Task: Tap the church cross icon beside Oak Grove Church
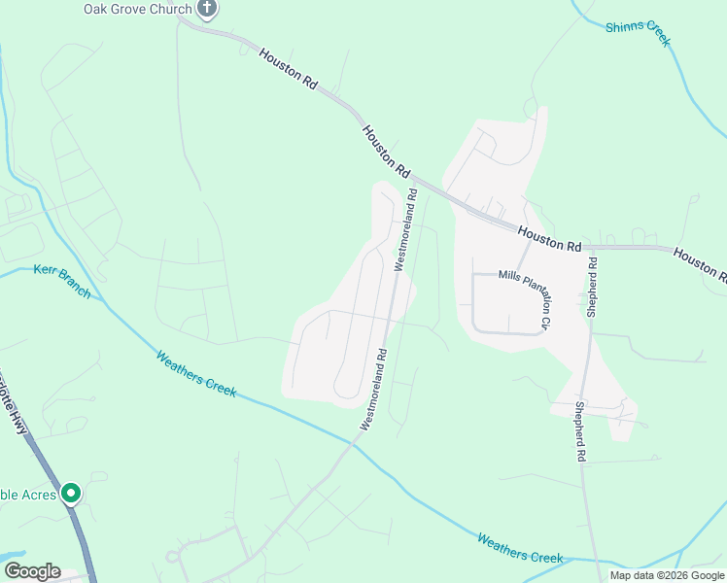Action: tap(207, 9)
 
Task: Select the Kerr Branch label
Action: tap(61, 281)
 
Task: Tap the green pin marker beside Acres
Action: tap(71, 494)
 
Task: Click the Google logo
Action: tap(32, 570)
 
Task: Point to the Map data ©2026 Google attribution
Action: tap(667, 575)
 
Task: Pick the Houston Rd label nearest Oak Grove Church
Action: tap(289, 70)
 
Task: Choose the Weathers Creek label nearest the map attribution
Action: tap(520, 547)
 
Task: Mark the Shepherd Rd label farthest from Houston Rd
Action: tap(580, 431)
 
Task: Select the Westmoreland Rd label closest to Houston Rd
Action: tap(405, 230)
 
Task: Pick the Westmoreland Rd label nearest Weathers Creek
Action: tap(374, 389)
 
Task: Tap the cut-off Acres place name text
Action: tap(23, 494)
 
